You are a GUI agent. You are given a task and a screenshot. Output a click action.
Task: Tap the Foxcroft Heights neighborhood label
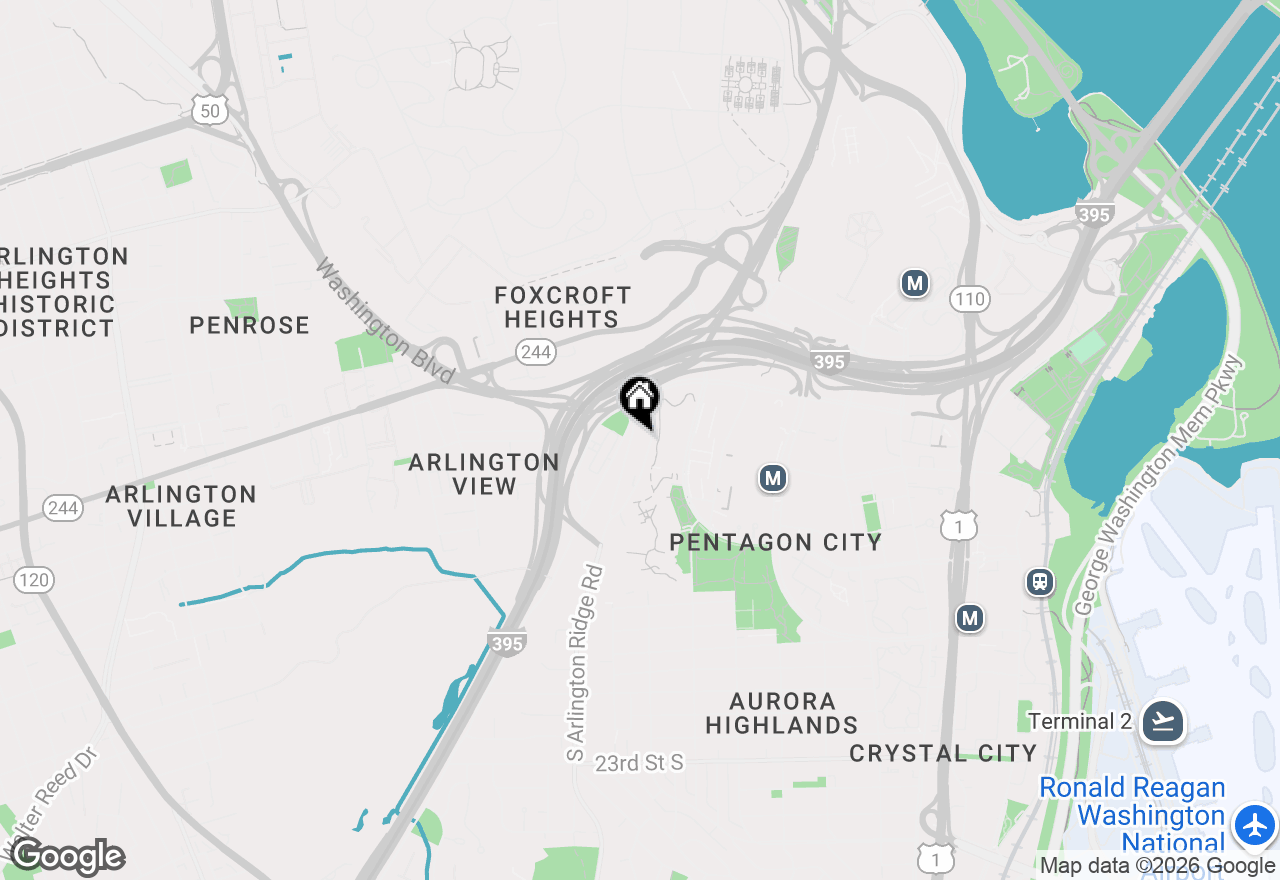(562, 307)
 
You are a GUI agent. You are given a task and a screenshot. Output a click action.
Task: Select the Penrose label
(249, 325)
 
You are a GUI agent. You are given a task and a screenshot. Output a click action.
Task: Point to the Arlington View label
(484, 474)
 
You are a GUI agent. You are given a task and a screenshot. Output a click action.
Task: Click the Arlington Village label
(181, 506)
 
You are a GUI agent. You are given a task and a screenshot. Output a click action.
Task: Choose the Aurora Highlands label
(781, 713)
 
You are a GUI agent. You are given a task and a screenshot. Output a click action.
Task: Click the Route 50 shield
(209, 111)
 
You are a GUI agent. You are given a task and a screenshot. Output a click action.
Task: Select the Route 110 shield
(969, 298)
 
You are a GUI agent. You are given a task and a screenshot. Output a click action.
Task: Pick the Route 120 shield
(35, 580)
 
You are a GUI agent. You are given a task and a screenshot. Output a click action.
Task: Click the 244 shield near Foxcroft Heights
(536, 351)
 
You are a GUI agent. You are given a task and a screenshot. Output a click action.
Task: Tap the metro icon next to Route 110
(914, 283)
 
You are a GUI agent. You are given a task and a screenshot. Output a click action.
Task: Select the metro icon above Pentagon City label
(771, 479)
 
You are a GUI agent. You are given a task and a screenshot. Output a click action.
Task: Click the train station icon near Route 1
(1040, 582)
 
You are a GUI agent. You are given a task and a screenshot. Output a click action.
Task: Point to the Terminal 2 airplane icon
(1163, 721)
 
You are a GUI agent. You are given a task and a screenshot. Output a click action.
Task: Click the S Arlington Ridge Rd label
(585, 662)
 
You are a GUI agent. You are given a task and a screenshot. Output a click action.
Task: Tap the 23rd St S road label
(639, 763)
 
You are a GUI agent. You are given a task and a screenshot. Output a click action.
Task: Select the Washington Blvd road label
(384, 322)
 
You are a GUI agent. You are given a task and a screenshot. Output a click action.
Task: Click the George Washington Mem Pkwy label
(1160, 486)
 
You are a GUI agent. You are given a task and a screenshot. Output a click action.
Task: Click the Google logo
(67, 857)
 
